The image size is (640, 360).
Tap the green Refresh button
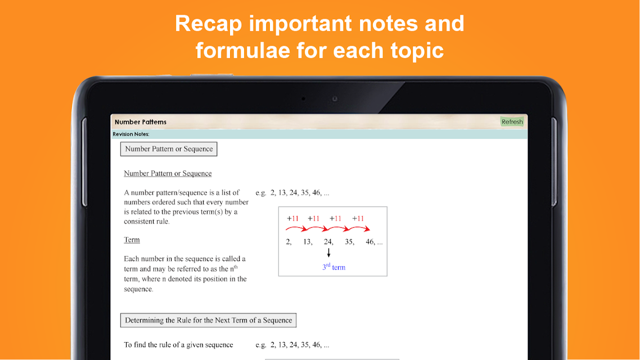(512, 121)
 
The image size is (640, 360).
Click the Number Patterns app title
(141, 122)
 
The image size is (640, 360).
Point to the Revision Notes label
(131, 134)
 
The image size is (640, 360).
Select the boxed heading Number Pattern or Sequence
(169, 149)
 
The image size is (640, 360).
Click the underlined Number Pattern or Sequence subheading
(168, 173)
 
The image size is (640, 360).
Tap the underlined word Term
(132, 240)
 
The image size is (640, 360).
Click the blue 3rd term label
(334, 267)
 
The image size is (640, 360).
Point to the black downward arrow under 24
(328, 253)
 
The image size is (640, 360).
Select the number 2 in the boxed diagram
(288, 242)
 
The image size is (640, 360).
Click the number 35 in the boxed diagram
(349, 242)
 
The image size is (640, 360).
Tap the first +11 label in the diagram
(292, 219)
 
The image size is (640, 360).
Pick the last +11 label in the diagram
(358, 219)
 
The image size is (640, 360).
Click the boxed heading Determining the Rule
(208, 321)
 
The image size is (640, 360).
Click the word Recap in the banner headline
(209, 24)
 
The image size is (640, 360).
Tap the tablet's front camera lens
(335, 99)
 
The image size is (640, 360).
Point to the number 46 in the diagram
(370, 242)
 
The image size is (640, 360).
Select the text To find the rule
(150, 345)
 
